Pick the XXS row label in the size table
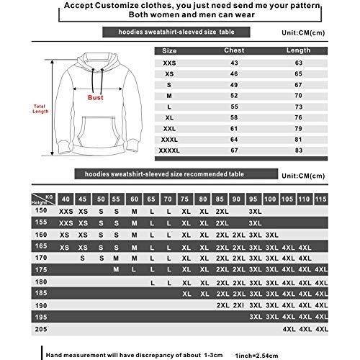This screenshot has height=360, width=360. (x=169, y=64)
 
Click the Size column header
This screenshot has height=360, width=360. (x=169, y=51)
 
